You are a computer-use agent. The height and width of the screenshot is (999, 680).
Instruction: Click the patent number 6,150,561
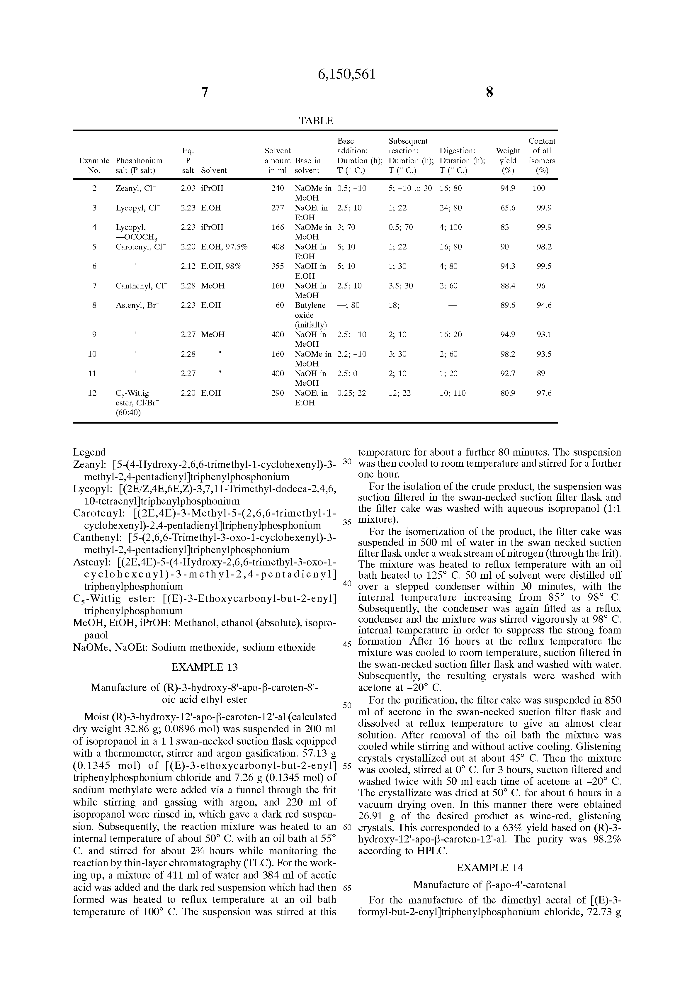click(x=346, y=74)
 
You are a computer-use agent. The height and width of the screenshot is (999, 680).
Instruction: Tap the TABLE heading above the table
click(x=316, y=121)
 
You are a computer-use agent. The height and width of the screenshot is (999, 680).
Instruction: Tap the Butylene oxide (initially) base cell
click(x=310, y=315)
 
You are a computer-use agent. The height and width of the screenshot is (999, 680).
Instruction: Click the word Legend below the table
click(x=89, y=452)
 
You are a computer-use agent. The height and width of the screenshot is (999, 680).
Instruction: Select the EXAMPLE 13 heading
click(x=204, y=667)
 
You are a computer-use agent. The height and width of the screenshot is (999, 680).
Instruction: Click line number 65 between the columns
click(x=347, y=888)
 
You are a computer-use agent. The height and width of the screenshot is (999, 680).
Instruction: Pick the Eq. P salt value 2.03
click(x=188, y=188)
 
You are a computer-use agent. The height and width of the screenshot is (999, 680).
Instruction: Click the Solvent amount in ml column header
click(x=278, y=160)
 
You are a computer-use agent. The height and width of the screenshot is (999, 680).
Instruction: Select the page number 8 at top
click(x=489, y=92)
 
